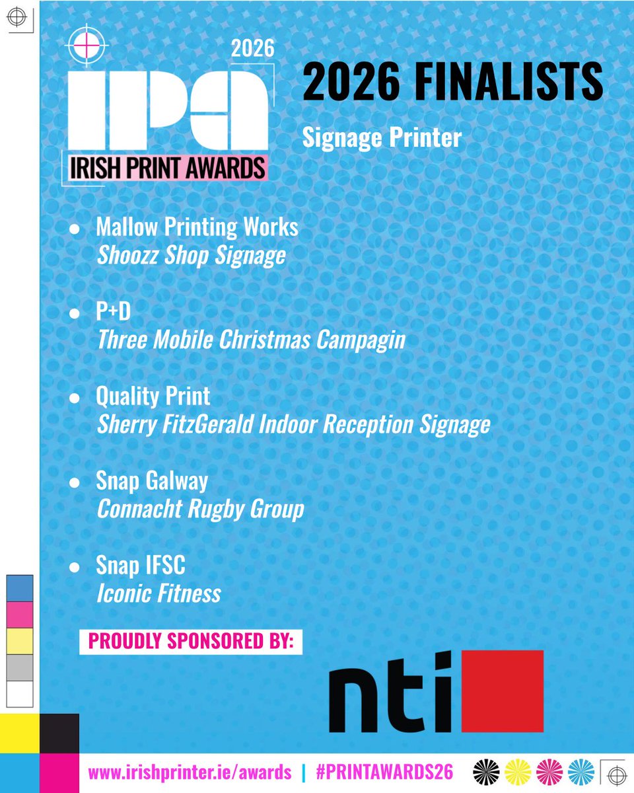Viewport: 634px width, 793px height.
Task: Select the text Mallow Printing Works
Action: [x=197, y=227]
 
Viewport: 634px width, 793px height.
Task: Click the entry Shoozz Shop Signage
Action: [x=191, y=256]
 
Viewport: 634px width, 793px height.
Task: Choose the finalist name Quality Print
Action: [x=153, y=396]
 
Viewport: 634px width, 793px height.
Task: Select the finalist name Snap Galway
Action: [x=151, y=480]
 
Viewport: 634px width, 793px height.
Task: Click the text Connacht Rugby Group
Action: [x=200, y=510]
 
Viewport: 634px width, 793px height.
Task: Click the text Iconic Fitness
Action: [x=158, y=593]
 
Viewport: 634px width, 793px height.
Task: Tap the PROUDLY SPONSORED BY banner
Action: [x=191, y=641]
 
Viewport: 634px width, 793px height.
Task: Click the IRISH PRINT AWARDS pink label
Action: [x=168, y=168]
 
